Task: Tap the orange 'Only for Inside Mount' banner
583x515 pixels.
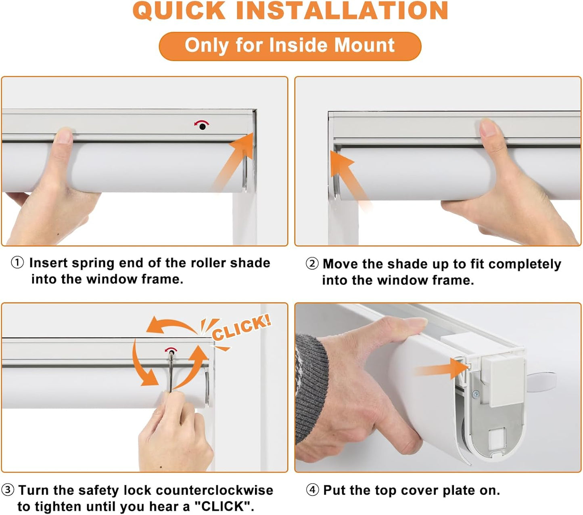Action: point(290,46)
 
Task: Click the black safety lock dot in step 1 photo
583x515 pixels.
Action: point(203,127)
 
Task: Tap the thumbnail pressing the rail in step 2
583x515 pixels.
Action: point(488,128)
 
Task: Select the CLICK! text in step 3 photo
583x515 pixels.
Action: point(241,328)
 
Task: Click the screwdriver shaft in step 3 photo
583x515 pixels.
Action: point(171,372)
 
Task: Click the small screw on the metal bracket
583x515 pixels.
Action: point(476,394)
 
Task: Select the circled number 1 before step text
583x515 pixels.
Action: point(17,263)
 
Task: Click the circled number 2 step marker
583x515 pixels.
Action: point(312,264)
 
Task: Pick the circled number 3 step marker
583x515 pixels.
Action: point(8,490)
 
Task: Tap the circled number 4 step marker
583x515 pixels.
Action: point(312,490)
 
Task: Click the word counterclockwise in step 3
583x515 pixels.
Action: point(214,490)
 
